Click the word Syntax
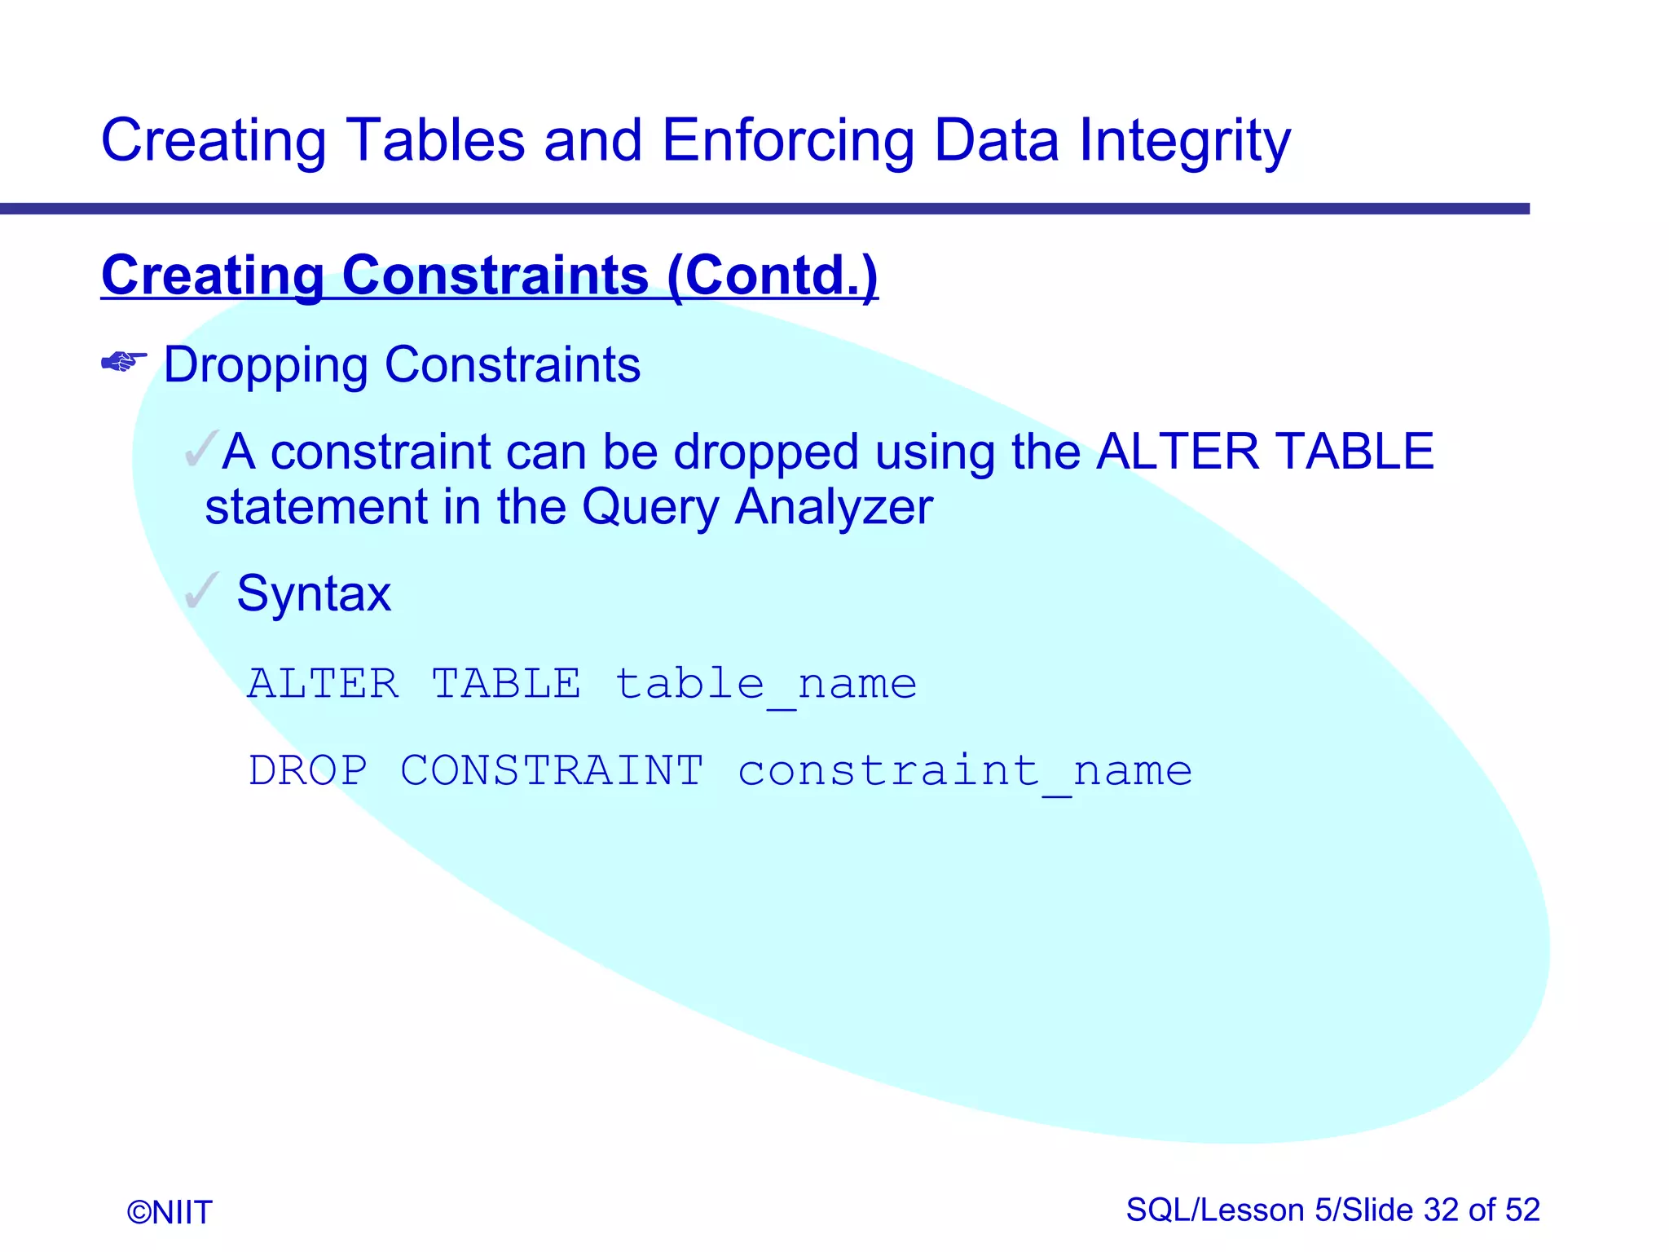point(314,593)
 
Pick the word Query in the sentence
point(650,508)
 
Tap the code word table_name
point(766,684)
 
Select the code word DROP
point(308,770)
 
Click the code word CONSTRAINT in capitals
point(552,770)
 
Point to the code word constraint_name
point(965,772)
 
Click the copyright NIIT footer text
point(170,1212)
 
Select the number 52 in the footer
point(1522,1210)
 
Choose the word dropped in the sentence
point(766,453)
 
